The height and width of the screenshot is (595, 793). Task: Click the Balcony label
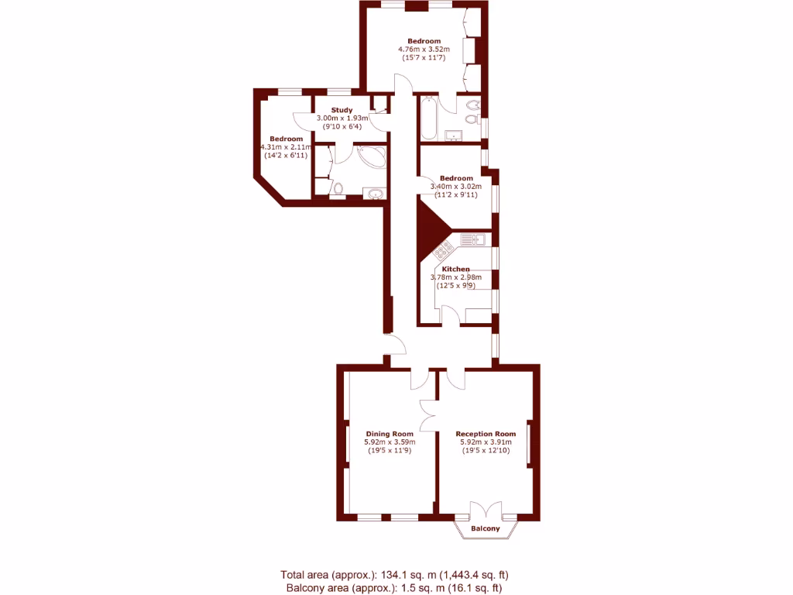tap(486, 529)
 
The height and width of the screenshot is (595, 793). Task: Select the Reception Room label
tap(486, 434)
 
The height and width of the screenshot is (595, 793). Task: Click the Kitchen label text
tap(456, 269)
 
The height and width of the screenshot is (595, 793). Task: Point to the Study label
tap(342, 110)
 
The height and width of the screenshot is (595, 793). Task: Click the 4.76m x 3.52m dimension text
tap(424, 50)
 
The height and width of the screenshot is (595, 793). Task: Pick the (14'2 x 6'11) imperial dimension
tap(286, 156)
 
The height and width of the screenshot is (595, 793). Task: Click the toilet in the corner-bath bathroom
tap(338, 187)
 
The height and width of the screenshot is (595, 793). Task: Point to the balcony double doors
tap(486, 511)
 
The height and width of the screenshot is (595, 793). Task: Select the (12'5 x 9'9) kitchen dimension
tap(455, 286)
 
